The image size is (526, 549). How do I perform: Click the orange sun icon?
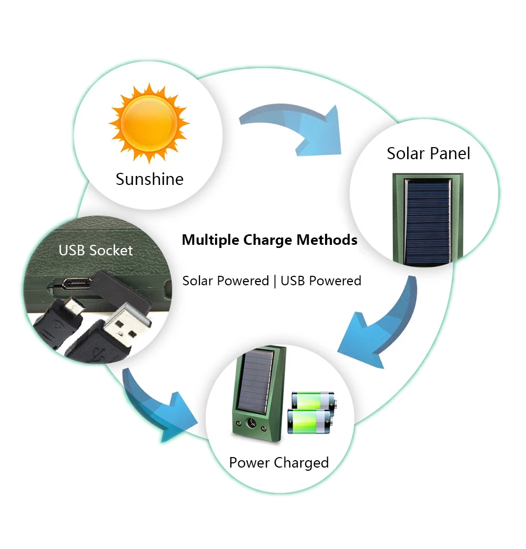click(x=149, y=123)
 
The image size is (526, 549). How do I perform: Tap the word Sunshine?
click(x=150, y=179)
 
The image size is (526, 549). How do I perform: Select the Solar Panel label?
click(x=428, y=153)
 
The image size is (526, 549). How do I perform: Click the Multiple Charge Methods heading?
click(x=270, y=240)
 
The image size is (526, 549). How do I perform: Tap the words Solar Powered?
click(x=226, y=281)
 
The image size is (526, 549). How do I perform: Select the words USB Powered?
click(x=321, y=281)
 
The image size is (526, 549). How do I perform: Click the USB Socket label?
click(x=96, y=251)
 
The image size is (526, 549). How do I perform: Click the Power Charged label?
click(x=279, y=463)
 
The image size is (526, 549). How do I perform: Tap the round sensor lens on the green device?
click(x=251, y=423)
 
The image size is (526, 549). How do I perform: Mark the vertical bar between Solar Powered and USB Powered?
click(x=275, y=281)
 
